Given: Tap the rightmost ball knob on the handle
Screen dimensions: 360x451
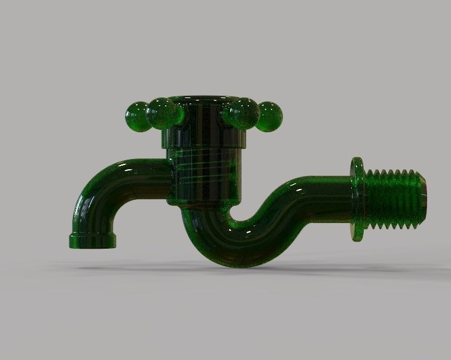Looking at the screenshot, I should tap(269, 115).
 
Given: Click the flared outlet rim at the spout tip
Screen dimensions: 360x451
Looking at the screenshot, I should tap(93, 241).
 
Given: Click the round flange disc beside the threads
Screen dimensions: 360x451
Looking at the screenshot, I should tap(358, 199).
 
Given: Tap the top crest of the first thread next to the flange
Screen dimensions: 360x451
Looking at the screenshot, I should tap(370, 172).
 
